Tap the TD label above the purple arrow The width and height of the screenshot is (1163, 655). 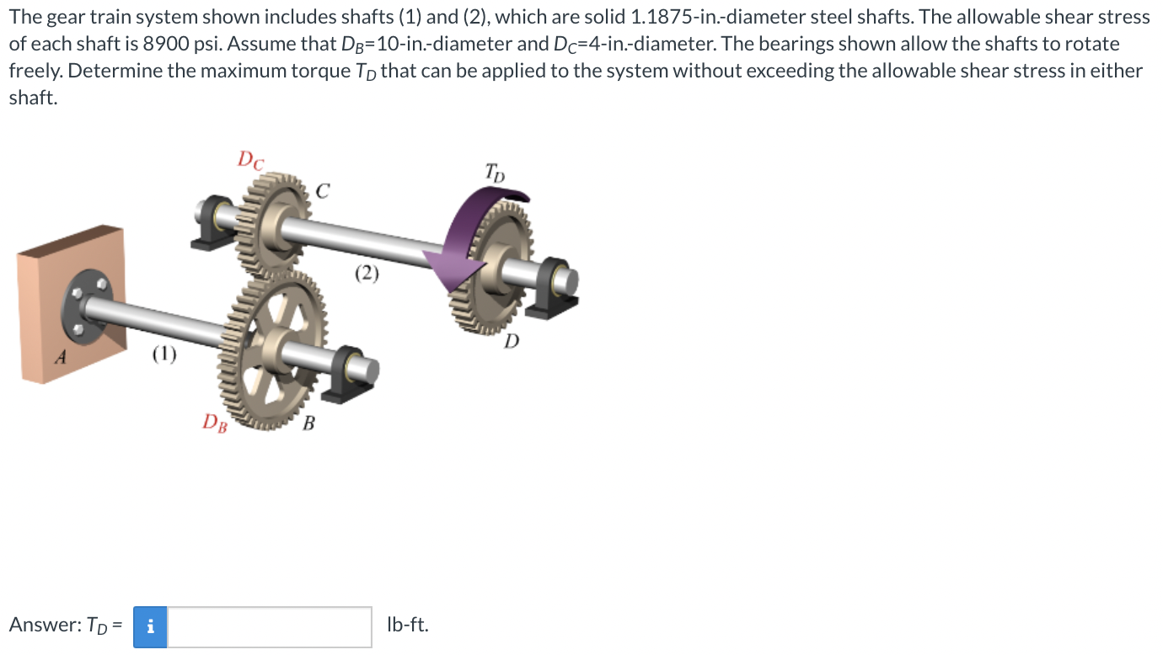[x=495, y=173]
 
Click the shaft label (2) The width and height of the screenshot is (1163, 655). [x=367, y=273]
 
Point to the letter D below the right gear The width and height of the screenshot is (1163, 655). [x=512, y=341]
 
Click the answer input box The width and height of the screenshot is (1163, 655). [x=269, y=626]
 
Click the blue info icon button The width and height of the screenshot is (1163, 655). [x=150, y=626]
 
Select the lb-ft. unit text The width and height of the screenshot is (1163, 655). [x=407, y=625]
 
